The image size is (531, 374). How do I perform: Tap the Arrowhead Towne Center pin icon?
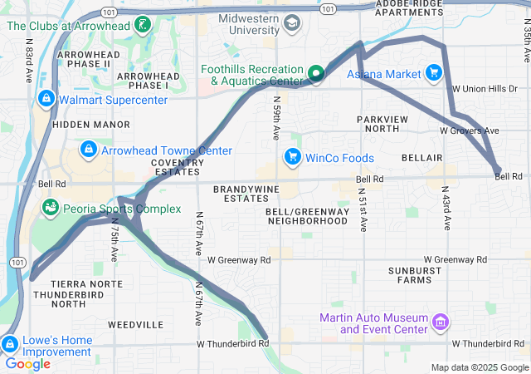point(87,150)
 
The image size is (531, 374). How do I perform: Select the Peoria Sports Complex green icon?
point(51,206)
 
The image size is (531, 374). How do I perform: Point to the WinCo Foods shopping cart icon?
point(291,156)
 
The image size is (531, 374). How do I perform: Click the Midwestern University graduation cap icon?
point(291,24)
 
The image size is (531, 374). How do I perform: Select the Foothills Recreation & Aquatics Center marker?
point(316,75)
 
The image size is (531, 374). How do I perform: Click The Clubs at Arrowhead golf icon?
point(144,25)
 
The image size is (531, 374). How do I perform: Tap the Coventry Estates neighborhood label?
point(178,167)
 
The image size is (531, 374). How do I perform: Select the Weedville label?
point(136,324)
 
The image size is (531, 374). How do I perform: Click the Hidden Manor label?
point(80,124)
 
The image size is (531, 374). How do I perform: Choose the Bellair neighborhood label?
point(421,158)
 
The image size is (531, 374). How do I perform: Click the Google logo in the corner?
point(27,363)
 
